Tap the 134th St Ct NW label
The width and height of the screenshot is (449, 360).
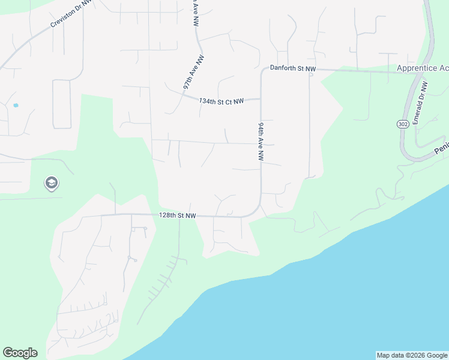tap(221, 101)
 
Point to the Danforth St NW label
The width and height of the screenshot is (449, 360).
tap(292, 69)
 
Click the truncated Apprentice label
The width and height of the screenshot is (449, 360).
tap(422, 68)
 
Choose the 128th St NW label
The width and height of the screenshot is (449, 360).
tap(178, 215)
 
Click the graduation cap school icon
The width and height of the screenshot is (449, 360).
tap(52, 183)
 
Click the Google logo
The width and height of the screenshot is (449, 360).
tap(20, 353)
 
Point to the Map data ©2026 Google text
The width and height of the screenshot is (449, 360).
tap(412, 355)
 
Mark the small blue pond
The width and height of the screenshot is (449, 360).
tap(16, 105)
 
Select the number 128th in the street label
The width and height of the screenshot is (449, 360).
tap(167, 215)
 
